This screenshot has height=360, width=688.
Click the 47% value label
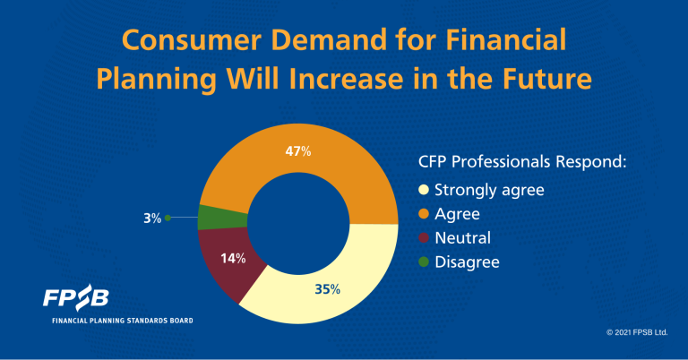click(x=298, y=151)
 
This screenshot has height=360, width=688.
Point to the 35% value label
click(x=327, y=289)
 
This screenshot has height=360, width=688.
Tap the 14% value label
click(x=233, y=259)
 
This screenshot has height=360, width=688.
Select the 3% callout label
click(x=152, y=219)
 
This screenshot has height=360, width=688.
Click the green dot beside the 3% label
click(x=168, y=218)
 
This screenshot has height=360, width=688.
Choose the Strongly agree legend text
click(x=489, y=191)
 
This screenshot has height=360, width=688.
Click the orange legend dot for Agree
click(x=424, y=214)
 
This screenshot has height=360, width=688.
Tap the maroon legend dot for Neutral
click(x=424, y=238)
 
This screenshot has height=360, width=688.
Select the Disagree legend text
click(x=467, y=262)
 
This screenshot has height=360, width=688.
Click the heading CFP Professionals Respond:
click(x=522, y=162)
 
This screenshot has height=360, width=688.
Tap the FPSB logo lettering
click(x=75, y=297)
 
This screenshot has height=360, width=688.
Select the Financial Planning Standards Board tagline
click(x=123, y=321)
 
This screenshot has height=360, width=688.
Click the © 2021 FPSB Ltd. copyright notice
click(x=637, y=332)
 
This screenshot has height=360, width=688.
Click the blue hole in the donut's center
click(x=298, y=224)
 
